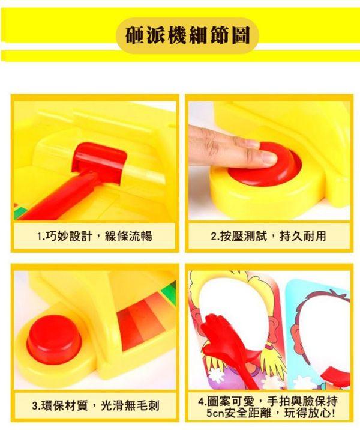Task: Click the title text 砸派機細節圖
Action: point(188,35)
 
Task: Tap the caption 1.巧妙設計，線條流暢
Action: point(95,236)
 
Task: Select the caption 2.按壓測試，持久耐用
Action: point(268,236)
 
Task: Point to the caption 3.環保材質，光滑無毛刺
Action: point(95,405)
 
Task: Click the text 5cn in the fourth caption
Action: point(215,413)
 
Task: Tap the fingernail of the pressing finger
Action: point(268,157)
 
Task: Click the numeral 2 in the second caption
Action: point(213,236)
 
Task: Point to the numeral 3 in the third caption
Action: point(35,405)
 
